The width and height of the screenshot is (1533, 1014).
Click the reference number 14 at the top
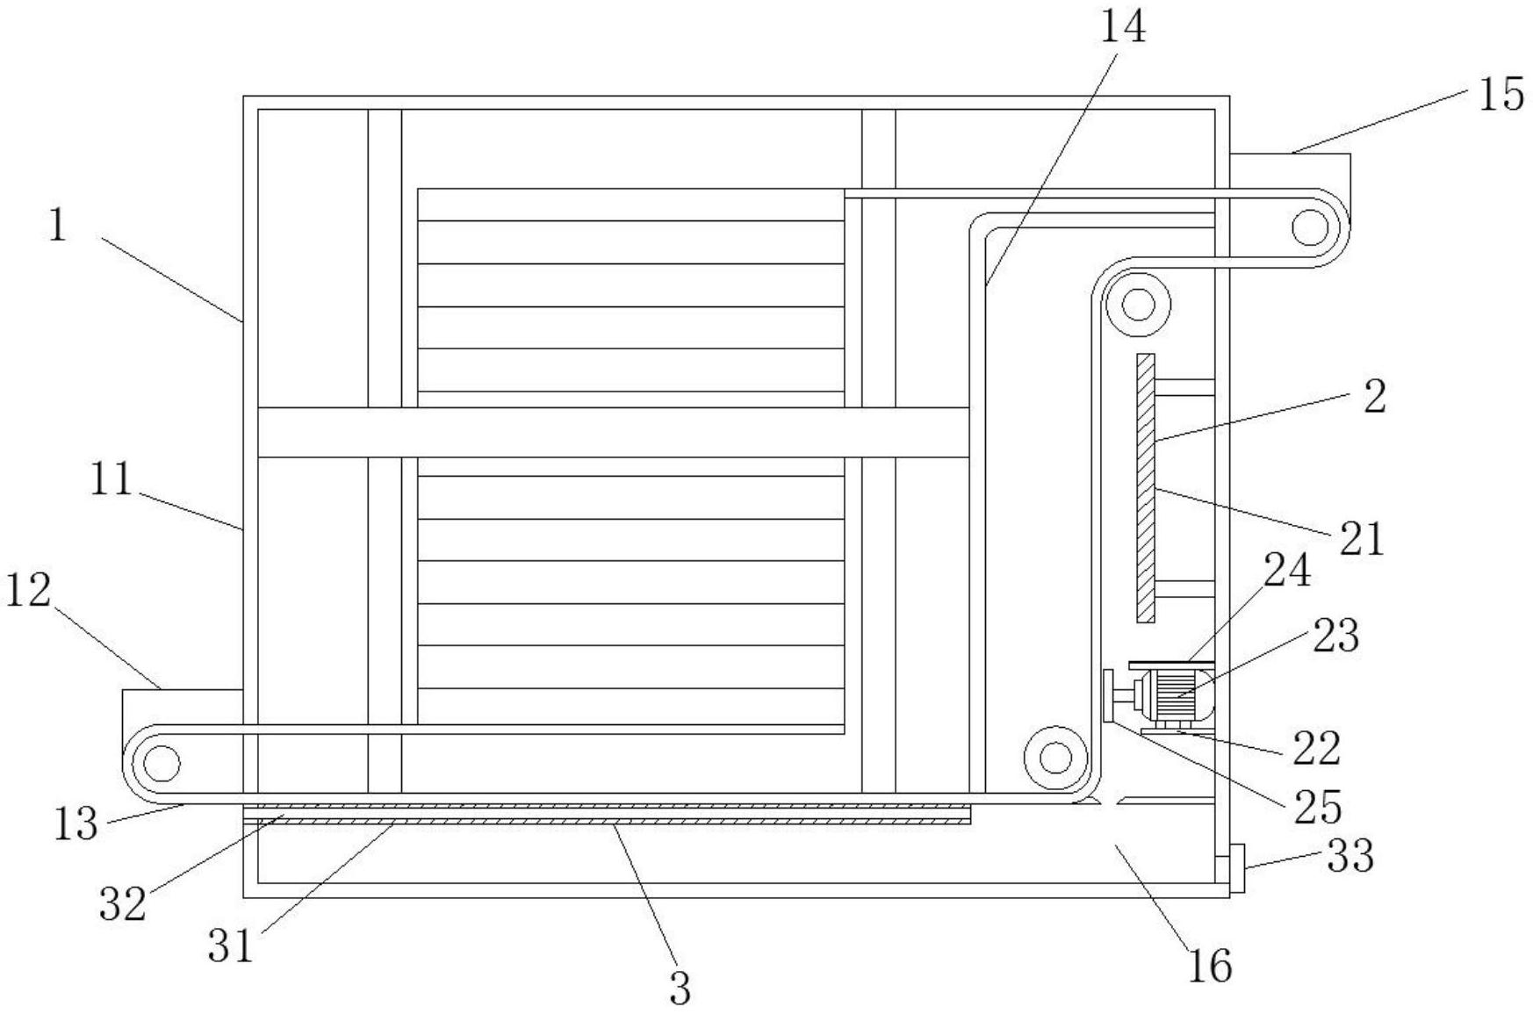click(x=1123, y=27)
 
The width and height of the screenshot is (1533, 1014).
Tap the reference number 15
click(x=1501, y=95)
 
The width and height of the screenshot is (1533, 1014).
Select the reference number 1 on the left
click(x=58, y=227)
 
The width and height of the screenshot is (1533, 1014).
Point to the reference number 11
click(x=112, y=480)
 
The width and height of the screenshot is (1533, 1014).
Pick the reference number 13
click(x=76, y=824)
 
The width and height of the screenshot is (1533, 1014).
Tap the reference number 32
click(x=122, y=903)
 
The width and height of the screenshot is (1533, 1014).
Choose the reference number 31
click(x=231, y=946)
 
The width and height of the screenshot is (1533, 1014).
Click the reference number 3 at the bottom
click(x=680, y=989)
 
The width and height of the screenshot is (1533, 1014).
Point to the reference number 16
click(x=1210, y=966)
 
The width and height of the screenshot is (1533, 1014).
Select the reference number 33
click(x=1349, y=855)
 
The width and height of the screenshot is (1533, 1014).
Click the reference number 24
click(x=1287, y=571)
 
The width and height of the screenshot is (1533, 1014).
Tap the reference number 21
click(x=1361, y=538)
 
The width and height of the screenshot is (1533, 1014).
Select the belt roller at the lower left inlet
click(x=162, y=763)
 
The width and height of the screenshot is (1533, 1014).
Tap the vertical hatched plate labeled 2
click(x=1145, y=487)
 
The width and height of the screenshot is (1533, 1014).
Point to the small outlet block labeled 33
click(x=1236, y=868)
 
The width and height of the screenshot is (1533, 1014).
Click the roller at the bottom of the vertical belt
click(x=1055, y=757)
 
